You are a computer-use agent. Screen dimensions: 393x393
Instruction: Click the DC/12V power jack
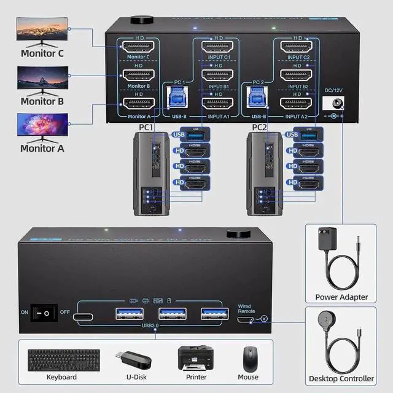[335, 104]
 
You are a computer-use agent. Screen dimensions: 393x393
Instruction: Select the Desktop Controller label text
[341, 378]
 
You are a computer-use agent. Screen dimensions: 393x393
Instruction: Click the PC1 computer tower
[150, 174]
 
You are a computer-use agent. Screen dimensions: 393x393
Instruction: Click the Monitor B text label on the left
[42, 101]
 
